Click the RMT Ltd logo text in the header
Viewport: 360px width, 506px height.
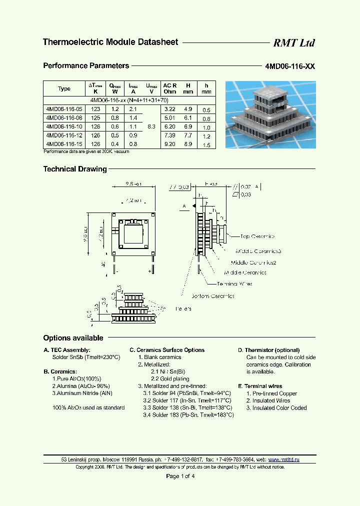[293, 43]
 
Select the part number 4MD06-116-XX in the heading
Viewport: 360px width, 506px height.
[290, 66]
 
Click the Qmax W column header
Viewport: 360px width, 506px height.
[115, 88]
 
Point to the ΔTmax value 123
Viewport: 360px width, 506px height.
[95, 109]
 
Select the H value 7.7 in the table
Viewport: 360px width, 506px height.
[188, 135]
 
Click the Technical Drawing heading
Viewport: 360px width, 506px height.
[75, 169]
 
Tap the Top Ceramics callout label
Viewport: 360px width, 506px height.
[257, 236]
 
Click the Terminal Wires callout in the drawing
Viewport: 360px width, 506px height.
[234, 284]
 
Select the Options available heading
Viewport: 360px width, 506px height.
[73, 338]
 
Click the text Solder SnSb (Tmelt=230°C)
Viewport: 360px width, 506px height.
[86, 357]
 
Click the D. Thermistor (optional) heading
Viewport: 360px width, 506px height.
[268, 350]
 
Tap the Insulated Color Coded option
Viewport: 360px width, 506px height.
[276, 408]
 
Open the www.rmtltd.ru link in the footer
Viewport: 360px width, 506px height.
[283, 459]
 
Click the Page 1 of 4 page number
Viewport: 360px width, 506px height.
[180, 476]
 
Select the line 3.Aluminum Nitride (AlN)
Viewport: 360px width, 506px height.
[82, 393]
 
